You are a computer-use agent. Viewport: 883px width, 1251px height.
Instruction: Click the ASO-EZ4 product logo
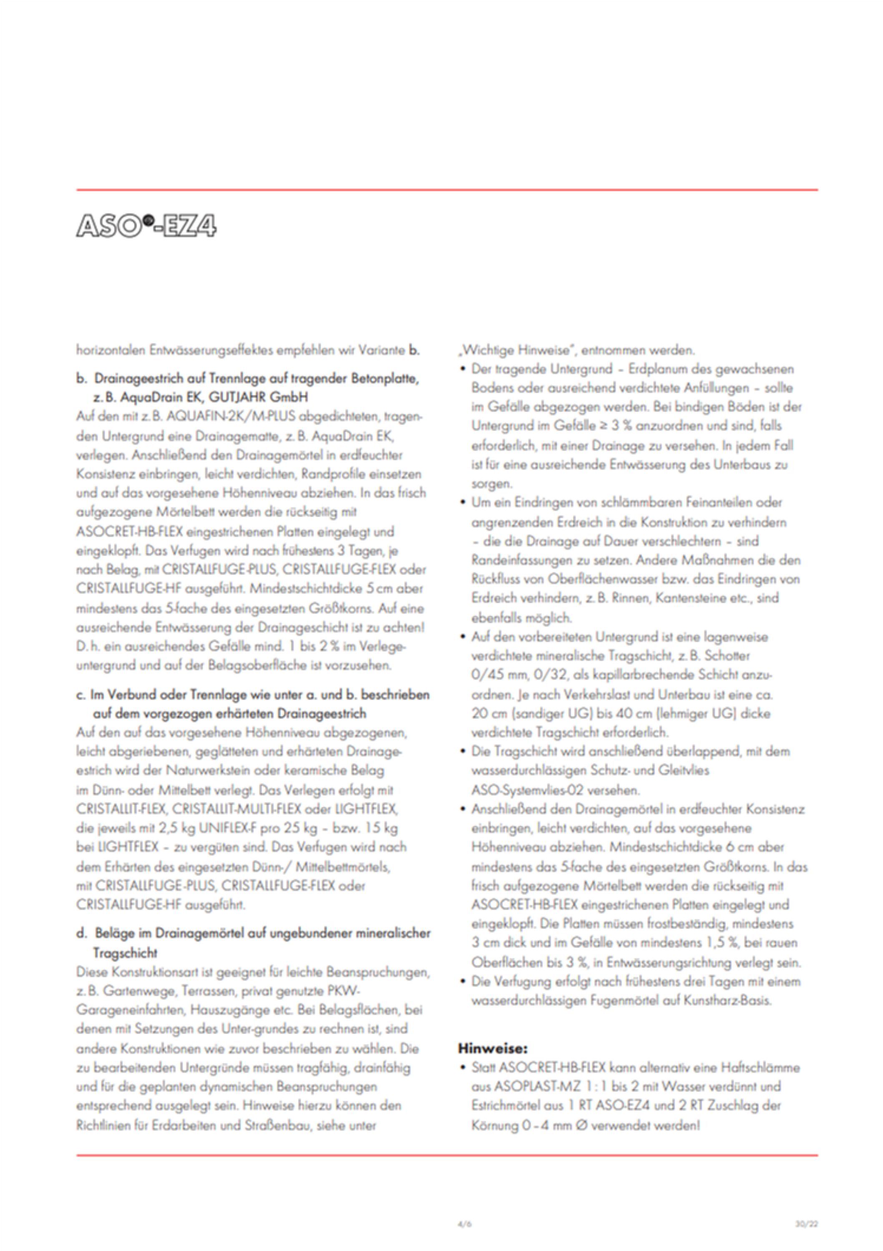coord(146,225)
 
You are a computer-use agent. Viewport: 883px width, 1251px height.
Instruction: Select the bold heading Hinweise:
coord(493,1048)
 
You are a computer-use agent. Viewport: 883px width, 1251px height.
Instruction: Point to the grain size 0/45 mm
coord(497,675)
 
